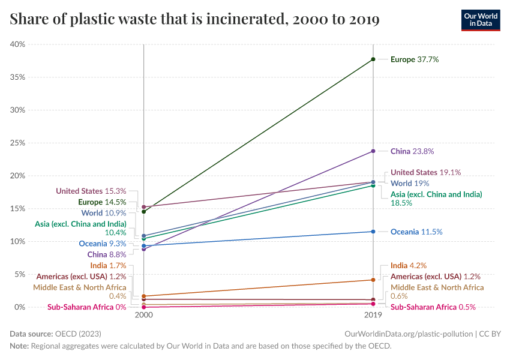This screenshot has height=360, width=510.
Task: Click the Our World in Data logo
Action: pos(480,20)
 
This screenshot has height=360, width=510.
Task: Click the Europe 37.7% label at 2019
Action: pos(415,59)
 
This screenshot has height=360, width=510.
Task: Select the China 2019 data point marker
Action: pos(373,151)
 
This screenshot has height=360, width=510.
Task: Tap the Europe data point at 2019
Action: pos(373,59)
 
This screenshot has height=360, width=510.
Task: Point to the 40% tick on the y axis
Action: pos(17,44)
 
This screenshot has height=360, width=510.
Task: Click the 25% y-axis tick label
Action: pos(17,143)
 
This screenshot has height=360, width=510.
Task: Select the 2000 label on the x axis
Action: pos(144,315)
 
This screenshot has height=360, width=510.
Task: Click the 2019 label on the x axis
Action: pos(373,315)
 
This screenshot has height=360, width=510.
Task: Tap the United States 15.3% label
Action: pos(91,191)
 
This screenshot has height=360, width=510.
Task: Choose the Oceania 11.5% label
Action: pos(416,232)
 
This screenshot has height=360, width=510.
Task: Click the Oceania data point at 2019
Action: pos(373,232)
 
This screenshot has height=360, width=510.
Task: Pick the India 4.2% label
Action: pos(409,265)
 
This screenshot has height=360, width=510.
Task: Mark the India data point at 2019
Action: pos(373,280)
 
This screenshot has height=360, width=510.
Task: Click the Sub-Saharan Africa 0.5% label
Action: pos(433,307)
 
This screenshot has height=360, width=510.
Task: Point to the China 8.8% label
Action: pos(107,254)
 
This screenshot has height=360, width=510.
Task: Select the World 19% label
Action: pos(410,183)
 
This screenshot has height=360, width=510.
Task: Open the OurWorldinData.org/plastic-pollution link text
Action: pos(408,334)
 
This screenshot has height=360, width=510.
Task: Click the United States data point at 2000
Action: pos(144,206)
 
